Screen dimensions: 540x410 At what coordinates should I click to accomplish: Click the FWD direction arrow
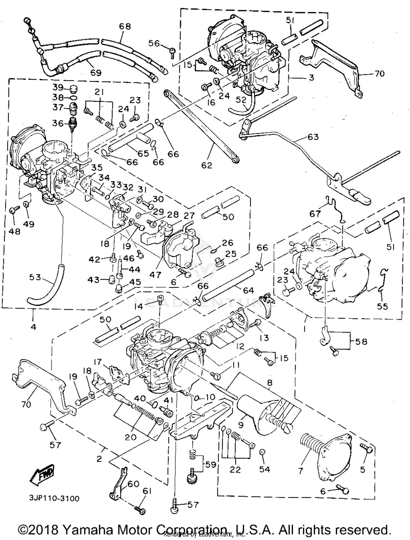click(43, 475)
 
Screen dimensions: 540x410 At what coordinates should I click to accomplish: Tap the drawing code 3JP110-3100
click(54, 498)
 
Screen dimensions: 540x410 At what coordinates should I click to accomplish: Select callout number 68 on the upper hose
click(125, 27)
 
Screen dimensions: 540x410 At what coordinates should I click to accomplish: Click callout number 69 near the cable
click(95, 72)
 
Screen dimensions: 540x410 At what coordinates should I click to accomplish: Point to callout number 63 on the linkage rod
click(313, 137)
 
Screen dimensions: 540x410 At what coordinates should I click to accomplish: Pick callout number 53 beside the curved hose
click(35, 277)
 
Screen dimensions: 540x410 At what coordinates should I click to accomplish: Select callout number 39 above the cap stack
click(58, 87)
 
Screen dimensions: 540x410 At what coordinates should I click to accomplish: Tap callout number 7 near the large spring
click(301, 471)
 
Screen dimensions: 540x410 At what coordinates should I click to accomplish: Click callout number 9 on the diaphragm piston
click(241, 425)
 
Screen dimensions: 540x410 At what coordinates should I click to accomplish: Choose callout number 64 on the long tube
click(248, 290)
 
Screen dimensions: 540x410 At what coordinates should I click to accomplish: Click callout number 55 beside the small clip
click(382, 306)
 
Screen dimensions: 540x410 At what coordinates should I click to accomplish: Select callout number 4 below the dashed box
click(33, 327)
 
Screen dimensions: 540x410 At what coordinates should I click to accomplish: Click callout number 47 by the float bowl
click(155, 275)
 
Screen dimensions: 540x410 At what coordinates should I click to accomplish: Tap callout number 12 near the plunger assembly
click(240, 346)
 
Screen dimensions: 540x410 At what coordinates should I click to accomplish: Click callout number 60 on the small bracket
click(133, 484)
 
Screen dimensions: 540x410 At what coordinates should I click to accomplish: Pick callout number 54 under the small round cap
click(264, 469)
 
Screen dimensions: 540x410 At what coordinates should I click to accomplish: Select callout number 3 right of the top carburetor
click(311, 78)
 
